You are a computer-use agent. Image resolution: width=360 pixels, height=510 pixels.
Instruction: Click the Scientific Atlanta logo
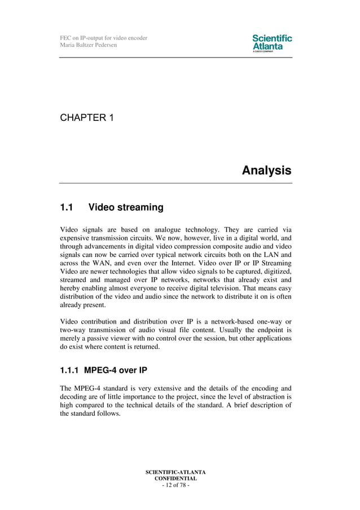click(272, 43)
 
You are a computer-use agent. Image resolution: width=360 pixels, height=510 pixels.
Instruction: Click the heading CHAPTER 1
click(87, 118)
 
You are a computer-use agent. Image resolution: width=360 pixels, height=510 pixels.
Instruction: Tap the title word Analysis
click(266, 170)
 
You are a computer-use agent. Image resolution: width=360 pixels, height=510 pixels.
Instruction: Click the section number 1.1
click(67, 207)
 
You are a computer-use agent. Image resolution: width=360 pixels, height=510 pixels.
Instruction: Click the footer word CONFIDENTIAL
click(175, 478)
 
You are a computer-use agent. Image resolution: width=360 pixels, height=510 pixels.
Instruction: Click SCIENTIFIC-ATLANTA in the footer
click(175, 472)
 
